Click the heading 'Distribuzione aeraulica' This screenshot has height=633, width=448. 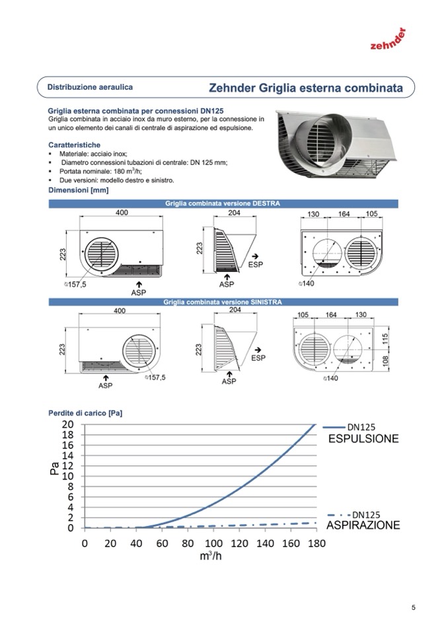coord(90,87)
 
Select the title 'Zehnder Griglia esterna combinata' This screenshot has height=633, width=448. coord(305,88)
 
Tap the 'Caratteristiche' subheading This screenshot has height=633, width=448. coord(74,143)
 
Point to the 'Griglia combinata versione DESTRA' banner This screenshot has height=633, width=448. coord(222,203)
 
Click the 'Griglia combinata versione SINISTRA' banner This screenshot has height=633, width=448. coord(222,302)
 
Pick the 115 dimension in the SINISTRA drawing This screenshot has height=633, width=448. coord(385,338)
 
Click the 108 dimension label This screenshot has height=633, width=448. coord(385,362)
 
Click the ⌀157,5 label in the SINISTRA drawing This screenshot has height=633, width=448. coord(155,378)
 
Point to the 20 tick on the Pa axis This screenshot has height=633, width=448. coord(67,424)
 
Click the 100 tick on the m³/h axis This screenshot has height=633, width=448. coord(213,543)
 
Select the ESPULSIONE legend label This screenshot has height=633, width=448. coord(363,439)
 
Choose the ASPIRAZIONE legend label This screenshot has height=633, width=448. coord(363,525)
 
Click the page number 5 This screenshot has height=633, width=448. coord(413,608)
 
